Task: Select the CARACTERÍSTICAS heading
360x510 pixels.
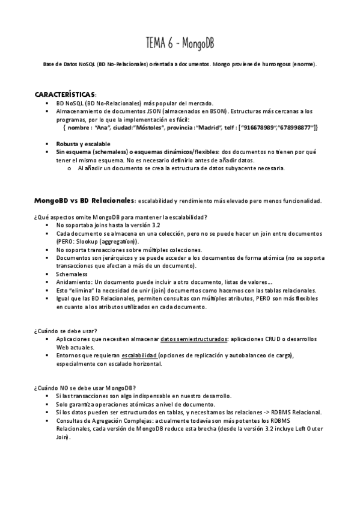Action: pyautogui.click(x=65, y=95)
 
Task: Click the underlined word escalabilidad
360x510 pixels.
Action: pyautogui.click(x=139, y=356)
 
